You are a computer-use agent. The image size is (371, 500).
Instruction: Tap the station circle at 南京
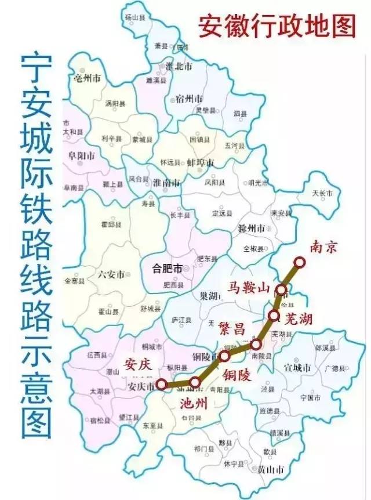coord(299,263)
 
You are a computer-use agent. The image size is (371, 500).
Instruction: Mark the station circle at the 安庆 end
coord(161,384)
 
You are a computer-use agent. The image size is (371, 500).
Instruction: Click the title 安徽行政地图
coord(277,25)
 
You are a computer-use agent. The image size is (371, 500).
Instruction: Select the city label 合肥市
coord(166,269)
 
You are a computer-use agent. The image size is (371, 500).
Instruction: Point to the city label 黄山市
coord(271,469)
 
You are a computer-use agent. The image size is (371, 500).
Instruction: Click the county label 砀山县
coord(136,18)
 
